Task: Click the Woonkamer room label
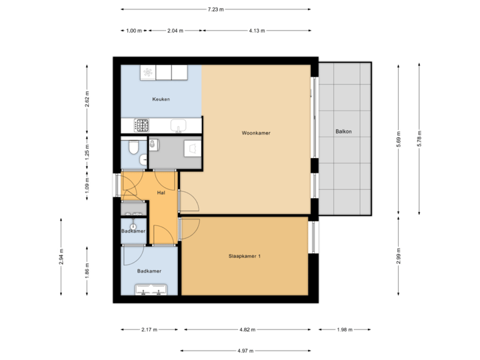pyautogui.click(x=256, y=133)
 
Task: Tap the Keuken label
pyautogui.click(x=161, y=99)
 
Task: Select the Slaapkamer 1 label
pyautogui.click(x=245, y=255)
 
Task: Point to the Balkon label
pyautogui.click(x=344, y=131)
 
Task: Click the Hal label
pyautogui.click(x=161, y=193)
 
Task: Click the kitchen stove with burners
pyautogui.click(x=142, y=124)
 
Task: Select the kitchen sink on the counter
pyautogui.click(x=178, y=125)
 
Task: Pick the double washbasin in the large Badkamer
pyautogui.click(x=151, y=289)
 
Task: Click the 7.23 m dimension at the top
pyautogui.click(x=215, y=9)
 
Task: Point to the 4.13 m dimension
pyautogui.click(x=257, y=31)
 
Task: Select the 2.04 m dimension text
pyautogui.click(x=175, y=31)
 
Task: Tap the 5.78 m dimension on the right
pyautogui.click(x=419, y=138)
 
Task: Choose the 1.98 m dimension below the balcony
pyautogui.click(x=345, y=329)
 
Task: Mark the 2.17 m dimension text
pyautogui.click(x=150, y=329)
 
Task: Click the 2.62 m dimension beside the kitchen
pyautogui.click(x=87, y=99)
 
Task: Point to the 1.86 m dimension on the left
pyautogui.click(x=87, y=270)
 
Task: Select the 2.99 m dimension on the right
pyautogui.click(x=399, y=256)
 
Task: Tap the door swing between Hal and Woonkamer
pyautogui.click(x=187, y=200)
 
